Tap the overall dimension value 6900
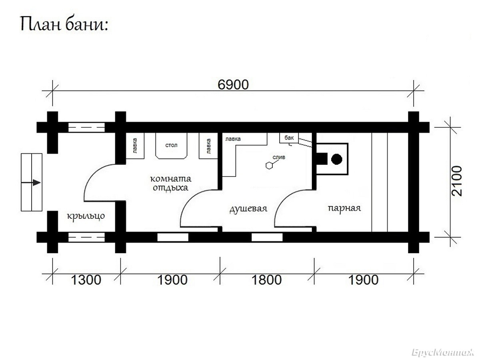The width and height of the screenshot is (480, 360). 233,85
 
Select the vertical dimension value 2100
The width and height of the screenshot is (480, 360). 457,181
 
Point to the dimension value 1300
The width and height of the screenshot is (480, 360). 86,280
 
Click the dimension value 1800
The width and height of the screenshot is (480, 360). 266,280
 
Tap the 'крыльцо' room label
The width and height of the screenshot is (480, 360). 86,216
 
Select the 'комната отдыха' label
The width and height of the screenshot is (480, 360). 170,183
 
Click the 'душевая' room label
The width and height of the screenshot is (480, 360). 248,209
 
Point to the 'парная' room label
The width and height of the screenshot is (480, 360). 344,208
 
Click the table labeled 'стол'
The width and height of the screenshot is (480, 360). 171,145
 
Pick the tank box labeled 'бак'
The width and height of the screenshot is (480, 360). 289,138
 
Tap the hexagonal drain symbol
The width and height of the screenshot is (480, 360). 269,166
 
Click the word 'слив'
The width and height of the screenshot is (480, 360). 279,157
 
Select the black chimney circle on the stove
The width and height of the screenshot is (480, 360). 336,159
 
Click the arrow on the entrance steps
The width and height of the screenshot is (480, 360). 31,182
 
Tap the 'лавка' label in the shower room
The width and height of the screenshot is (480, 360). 233,139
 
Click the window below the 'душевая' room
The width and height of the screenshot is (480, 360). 267,237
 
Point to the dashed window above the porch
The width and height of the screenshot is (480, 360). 86,128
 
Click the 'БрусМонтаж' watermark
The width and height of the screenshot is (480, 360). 443,352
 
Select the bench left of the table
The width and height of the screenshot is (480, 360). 135,146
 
